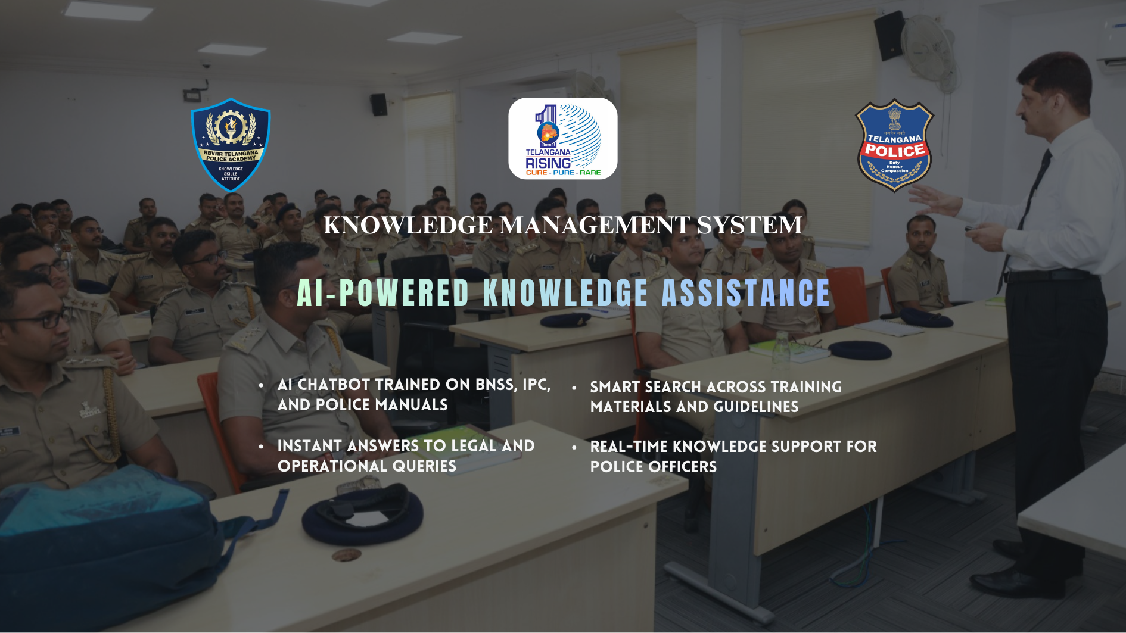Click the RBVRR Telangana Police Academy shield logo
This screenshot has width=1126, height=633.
click(x=231, y=145)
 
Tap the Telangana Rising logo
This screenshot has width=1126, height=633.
click(x=563, y=139)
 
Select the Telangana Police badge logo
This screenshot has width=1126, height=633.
click(x=894, y=145)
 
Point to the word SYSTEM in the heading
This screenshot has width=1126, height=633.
click(x=749, y=225)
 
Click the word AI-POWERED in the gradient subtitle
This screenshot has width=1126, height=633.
click(x=384, y=293)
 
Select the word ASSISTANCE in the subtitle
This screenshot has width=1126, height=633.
click(x=746, y=293)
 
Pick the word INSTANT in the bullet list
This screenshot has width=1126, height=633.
click(x=310, y=446)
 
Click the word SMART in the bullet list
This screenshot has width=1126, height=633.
click(x=615, y=387)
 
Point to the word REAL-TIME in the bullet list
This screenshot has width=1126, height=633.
click(x=629, y=447)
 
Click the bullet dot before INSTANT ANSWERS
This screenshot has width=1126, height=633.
click(x=262, y=447)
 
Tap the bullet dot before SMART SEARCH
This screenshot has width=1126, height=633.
click(x=574, y=388)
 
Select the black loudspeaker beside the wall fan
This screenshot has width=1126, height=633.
click(x=890, y=35)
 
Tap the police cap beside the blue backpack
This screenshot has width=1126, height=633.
click(x=363, y=513)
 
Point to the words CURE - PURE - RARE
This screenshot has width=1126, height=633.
click(x=563, y=173)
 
